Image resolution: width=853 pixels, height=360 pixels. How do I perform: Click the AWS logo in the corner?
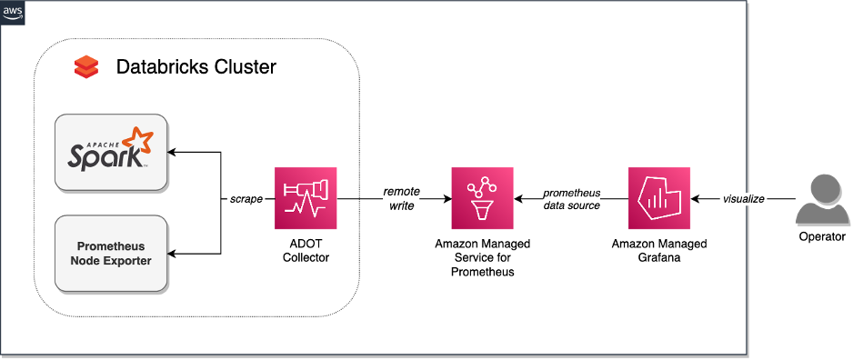coord(13,13)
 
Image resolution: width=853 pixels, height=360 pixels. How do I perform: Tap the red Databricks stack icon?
coord(85,66)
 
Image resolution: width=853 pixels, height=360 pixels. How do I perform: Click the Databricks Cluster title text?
coord(196,67)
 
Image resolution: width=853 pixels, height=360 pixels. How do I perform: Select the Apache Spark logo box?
coord(111,152)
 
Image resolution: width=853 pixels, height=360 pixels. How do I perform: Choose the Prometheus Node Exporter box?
coord(111,254)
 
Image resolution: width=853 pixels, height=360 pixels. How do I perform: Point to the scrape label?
coord(246,198)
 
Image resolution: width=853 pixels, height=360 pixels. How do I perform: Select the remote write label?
coord(401,198)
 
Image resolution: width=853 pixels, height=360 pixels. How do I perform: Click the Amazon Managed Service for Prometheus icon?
coord(482,198)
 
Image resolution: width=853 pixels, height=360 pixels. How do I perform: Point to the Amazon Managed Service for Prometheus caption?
coord(482,258)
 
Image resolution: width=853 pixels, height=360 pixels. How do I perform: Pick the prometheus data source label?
coord(571,199)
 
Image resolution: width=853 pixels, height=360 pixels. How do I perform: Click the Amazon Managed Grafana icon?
coord(659,198)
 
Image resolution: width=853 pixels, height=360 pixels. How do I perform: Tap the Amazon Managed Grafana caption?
coord(659,251)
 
